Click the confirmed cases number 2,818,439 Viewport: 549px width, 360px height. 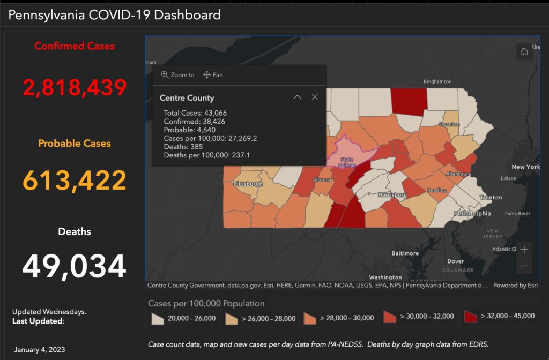(75, 87)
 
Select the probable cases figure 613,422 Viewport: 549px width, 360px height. (75, 180)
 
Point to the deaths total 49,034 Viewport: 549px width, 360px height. (75, 266)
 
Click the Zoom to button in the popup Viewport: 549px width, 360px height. (178, 75)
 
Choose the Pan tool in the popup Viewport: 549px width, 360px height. (213, 75)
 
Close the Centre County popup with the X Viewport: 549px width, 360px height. (315, 97)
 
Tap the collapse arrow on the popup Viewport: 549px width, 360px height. (298, 97)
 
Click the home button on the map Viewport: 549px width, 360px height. (524, 51)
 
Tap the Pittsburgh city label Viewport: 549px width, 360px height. (248, 184)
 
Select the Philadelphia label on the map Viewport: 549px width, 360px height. (472, 213)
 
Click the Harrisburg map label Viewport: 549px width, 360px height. (392, 194)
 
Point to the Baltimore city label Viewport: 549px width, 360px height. (405, 253)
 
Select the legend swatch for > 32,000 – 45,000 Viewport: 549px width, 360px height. (470, 316)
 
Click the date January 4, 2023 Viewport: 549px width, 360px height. (40, 350)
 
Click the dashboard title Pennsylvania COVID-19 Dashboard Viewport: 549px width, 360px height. (114, 14)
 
